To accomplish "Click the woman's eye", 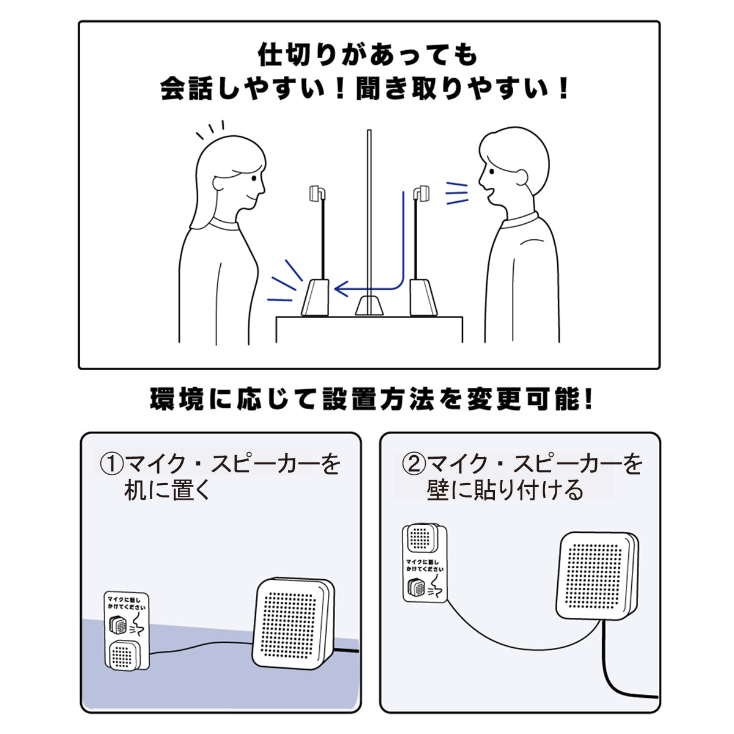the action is pos(254,178).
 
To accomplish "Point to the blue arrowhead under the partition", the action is pos(341,289).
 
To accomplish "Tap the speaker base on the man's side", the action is pos(423,297).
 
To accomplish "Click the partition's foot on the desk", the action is pos(369,305).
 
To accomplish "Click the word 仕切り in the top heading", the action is pos(297,55).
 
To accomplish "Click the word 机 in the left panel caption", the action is pos(135,490).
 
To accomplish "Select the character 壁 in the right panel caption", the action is pos(438,490).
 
